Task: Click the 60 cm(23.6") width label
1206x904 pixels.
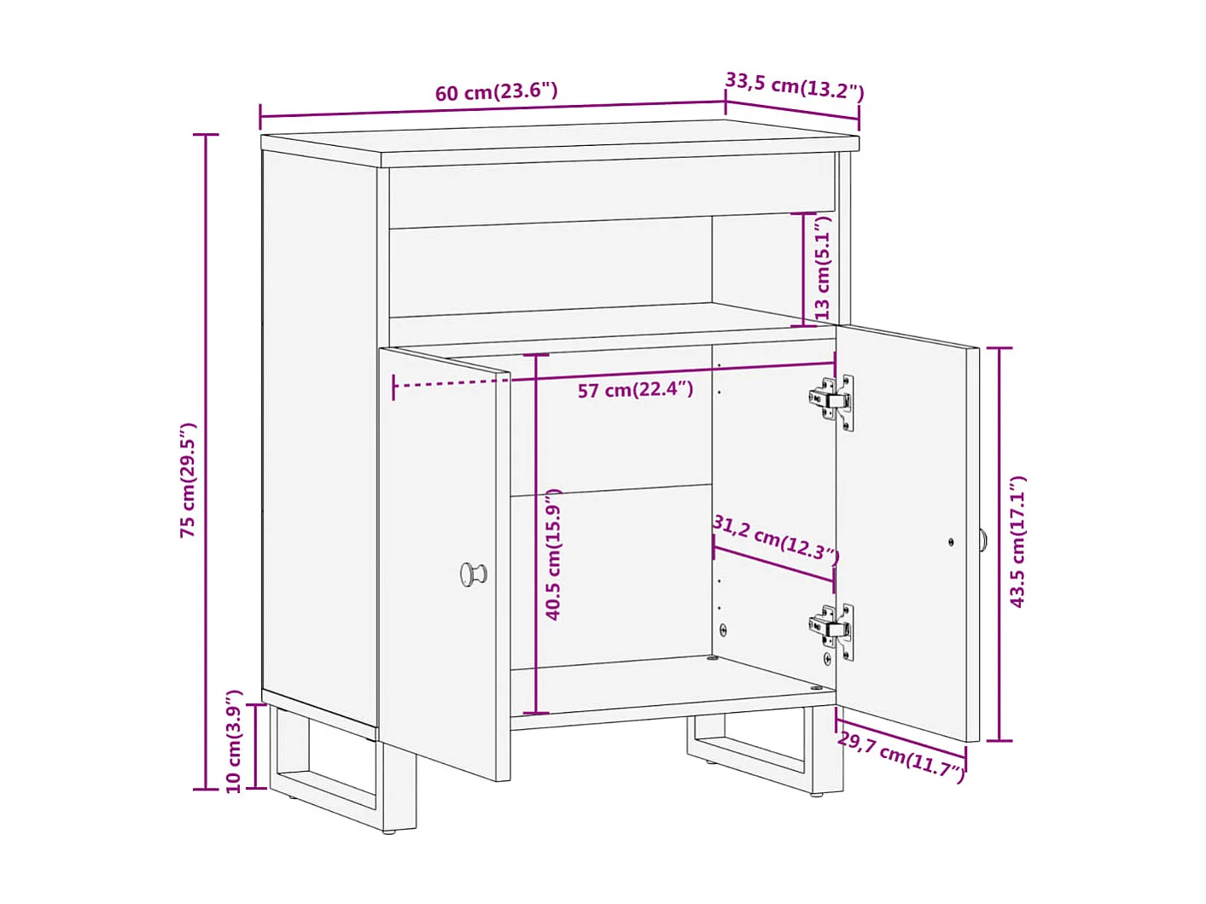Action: (x=496, y=91)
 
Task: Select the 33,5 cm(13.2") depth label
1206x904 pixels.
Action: (x=795, y=85)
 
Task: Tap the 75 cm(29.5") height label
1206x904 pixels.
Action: (x=188, y=480)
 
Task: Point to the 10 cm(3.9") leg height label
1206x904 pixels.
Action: (x=233, y=741)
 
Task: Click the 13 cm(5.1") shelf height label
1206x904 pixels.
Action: (x=822, y=268)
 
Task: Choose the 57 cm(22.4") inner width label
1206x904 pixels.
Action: (x=635, y=390)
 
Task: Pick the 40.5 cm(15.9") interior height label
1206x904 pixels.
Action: (x=553, y=555)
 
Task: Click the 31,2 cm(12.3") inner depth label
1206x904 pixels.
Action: (x=776, y=539)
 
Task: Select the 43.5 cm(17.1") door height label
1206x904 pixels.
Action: (x=1017, y=542)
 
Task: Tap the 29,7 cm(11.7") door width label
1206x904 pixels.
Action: (x=901, y=755)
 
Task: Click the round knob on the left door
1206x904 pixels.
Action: (x=473, y=574)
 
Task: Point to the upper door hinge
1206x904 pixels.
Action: (x=831, y=399)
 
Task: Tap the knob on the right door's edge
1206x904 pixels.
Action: (x=983, y=539)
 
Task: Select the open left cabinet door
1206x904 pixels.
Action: (x=444, y=563)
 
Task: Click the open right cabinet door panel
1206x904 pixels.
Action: (x=905, y=529)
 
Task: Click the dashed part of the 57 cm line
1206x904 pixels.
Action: (x=452, y=382)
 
